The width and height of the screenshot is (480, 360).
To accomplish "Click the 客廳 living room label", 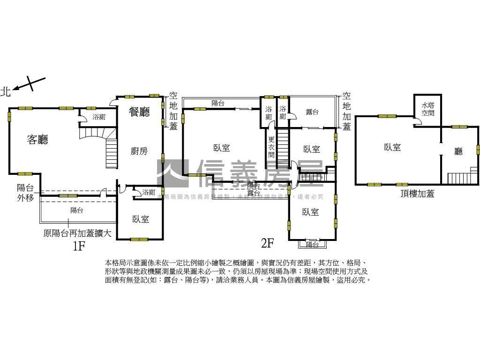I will click(37, 139).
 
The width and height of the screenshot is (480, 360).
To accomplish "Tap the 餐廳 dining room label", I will click(139, 112).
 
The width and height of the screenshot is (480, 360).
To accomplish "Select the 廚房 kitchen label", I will click(139, 151).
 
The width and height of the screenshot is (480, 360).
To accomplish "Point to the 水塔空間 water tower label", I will click(427, 109).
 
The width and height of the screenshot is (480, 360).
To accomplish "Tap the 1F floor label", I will click(79, 245).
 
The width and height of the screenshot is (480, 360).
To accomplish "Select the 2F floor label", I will click(267, 243).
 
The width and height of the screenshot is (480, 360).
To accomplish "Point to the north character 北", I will click(6, 91).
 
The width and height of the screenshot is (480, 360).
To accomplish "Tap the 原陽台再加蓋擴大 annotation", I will click(77, 233).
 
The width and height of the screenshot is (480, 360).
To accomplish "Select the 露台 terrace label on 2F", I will click(312, 112).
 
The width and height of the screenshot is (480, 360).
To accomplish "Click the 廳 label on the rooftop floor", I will click(458, 151).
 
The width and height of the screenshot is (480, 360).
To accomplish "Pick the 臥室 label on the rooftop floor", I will click(392, 147).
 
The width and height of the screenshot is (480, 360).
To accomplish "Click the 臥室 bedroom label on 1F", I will click(140, 219).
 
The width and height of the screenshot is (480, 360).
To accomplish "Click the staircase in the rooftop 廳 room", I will click(458, 179).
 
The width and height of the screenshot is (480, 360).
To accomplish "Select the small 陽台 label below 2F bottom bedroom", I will click(312, 244).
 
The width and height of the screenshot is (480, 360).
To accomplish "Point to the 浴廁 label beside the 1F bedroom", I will click(149, 192).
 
